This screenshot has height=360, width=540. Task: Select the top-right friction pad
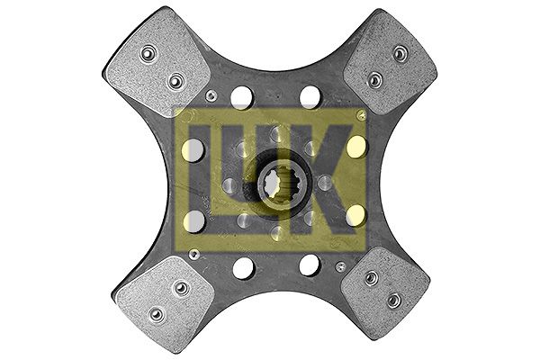[391, 63]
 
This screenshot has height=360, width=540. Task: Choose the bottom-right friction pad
[385, 293]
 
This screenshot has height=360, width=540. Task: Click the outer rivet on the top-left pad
[148, 53]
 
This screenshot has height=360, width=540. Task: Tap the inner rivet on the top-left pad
[176, 81]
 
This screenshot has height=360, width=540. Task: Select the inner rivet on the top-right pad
[374, 80]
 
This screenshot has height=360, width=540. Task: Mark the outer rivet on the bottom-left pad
[156, 314]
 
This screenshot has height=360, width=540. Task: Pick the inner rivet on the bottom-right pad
[371, 278]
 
